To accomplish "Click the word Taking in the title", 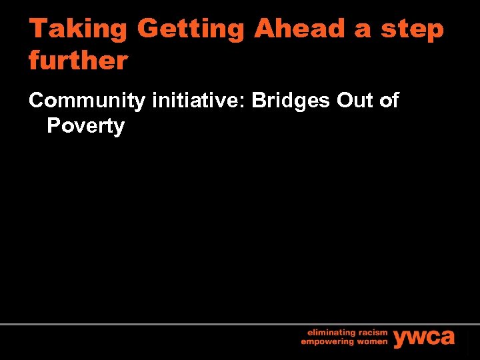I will point(78,29).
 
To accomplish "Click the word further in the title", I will point(78,61).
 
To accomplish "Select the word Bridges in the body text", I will point(291,101).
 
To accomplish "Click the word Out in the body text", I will point(353,101).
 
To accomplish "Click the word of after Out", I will point(388,101).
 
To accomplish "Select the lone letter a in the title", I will point(365,30).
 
